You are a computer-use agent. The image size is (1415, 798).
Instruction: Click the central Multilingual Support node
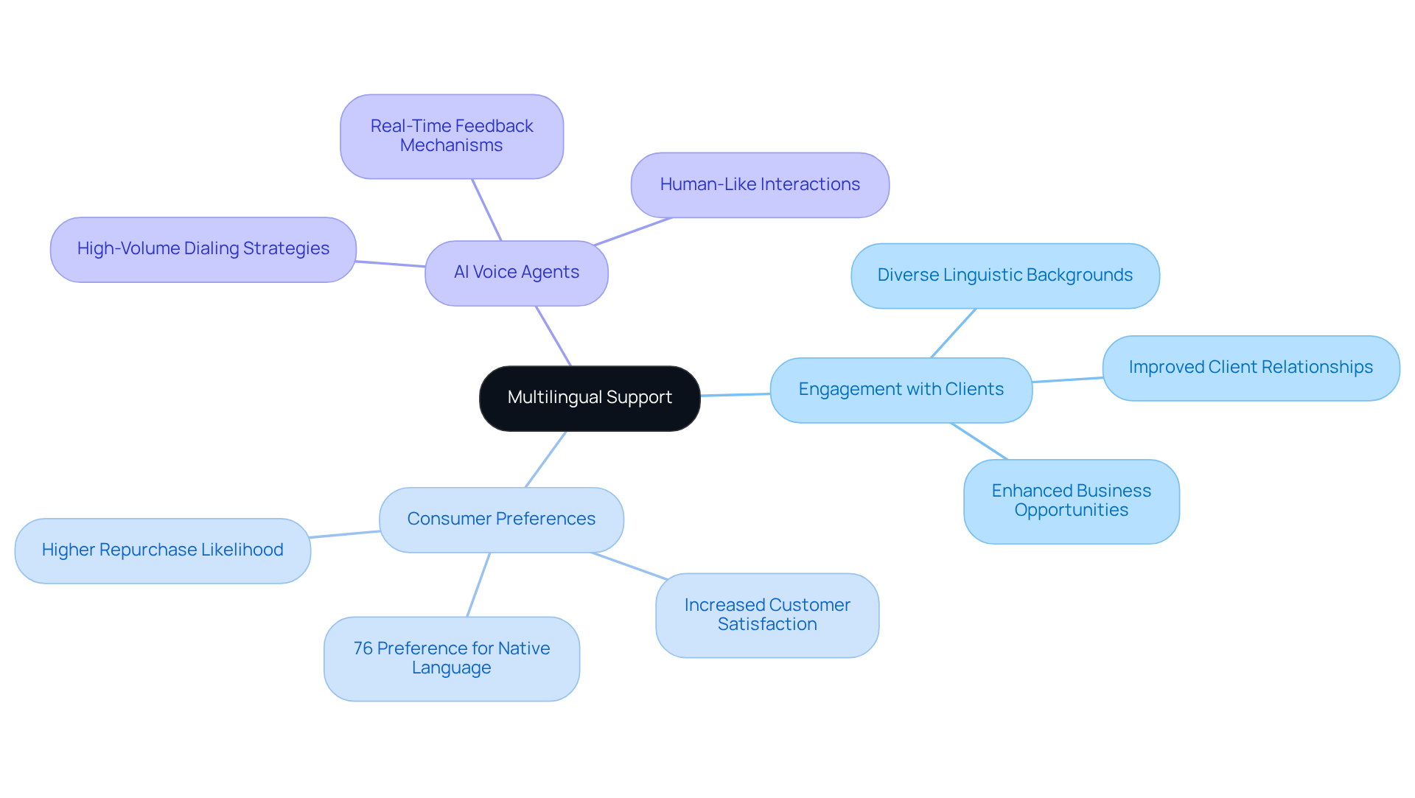590,398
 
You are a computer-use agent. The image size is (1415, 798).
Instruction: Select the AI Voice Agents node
517,273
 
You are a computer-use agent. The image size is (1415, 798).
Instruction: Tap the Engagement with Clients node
901,390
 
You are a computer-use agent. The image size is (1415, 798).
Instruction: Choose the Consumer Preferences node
501,519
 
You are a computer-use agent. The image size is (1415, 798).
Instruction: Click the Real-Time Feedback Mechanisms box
452,136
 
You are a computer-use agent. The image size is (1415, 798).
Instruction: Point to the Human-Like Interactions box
760,185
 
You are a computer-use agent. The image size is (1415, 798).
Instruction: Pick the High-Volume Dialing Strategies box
203,249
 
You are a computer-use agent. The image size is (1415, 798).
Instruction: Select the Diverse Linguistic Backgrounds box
1005,276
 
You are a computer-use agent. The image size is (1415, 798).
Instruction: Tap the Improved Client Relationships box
1251,368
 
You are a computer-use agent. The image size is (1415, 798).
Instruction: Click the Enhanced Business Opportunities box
1071,501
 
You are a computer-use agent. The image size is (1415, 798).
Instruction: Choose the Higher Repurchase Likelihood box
162,550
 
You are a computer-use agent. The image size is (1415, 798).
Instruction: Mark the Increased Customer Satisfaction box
767,615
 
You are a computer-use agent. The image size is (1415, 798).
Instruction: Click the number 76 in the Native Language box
363,648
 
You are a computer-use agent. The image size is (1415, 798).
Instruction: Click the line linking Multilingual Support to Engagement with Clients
736,395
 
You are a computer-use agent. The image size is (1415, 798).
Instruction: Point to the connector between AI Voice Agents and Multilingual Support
553,336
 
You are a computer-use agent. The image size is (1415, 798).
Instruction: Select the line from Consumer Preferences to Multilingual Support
546,459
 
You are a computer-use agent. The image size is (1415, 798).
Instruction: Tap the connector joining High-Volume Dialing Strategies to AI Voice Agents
391,264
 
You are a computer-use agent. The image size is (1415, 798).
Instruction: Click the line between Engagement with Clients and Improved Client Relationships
1067,379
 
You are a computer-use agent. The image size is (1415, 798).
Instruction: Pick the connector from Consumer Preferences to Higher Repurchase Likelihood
345,534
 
